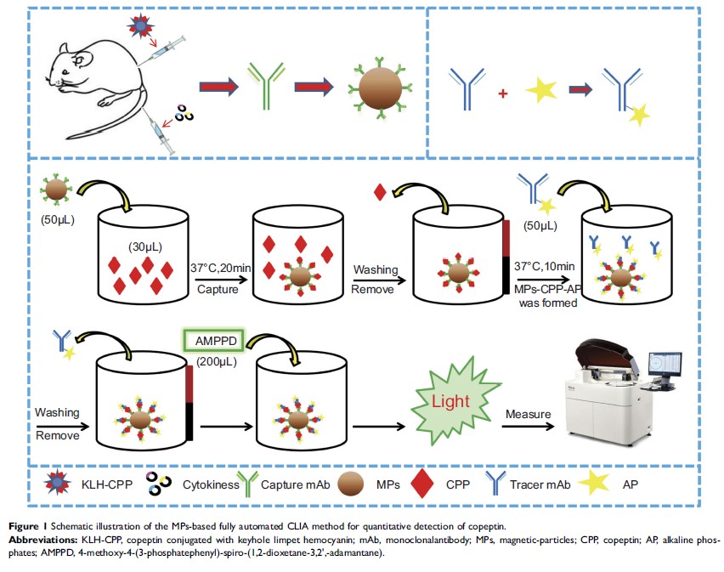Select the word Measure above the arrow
coord(530,414)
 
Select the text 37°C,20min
coord(218,269)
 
